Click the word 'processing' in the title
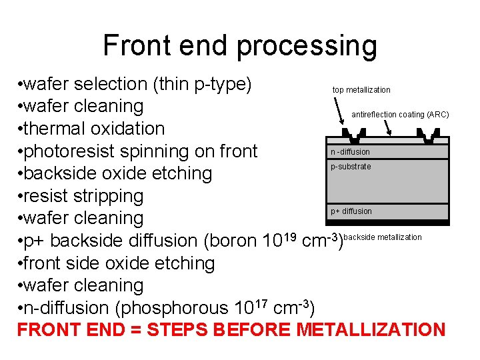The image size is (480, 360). click(x=307, y=46)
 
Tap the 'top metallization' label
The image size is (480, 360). click(x=361, y=90)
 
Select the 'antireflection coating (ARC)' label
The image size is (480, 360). click(x=400, y=115)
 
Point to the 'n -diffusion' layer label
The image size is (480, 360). click(x=350, y=152)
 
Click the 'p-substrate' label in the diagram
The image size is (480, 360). click(x=351, y=167)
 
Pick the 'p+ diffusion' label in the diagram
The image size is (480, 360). click(x=351, y=211)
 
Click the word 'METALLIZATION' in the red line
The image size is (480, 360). click(x=371, y=330)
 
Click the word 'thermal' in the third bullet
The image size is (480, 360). click(x=55, y=129)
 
